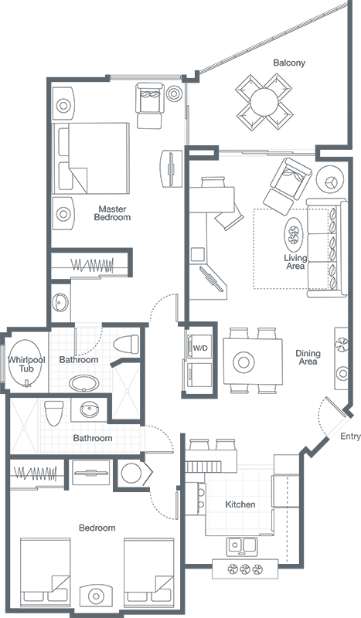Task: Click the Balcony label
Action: tap(289, 63)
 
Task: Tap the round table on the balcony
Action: tap(264, 100)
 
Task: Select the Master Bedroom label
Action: tap(112, 213)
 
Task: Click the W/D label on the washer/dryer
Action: tap(200, 348)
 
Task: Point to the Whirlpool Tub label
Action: tap(26, 364)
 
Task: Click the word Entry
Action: tap(350, 436)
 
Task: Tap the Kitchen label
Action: tap(240, 504)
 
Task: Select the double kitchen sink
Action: tap(242, 546)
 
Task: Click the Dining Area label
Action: tap(308, 357)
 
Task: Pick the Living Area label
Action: tap(295, 262)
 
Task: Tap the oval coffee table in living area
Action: tap(293, 235)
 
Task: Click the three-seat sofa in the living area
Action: tap(327, 247)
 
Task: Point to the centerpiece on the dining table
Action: tap(244, 362)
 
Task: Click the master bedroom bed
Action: tap(91, 158)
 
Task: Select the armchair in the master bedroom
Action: tap(150, 105)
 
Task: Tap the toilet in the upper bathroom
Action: tap(126, 344)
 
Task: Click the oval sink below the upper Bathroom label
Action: tap(84, 383)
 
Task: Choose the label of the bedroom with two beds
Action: tap(97, 528)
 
